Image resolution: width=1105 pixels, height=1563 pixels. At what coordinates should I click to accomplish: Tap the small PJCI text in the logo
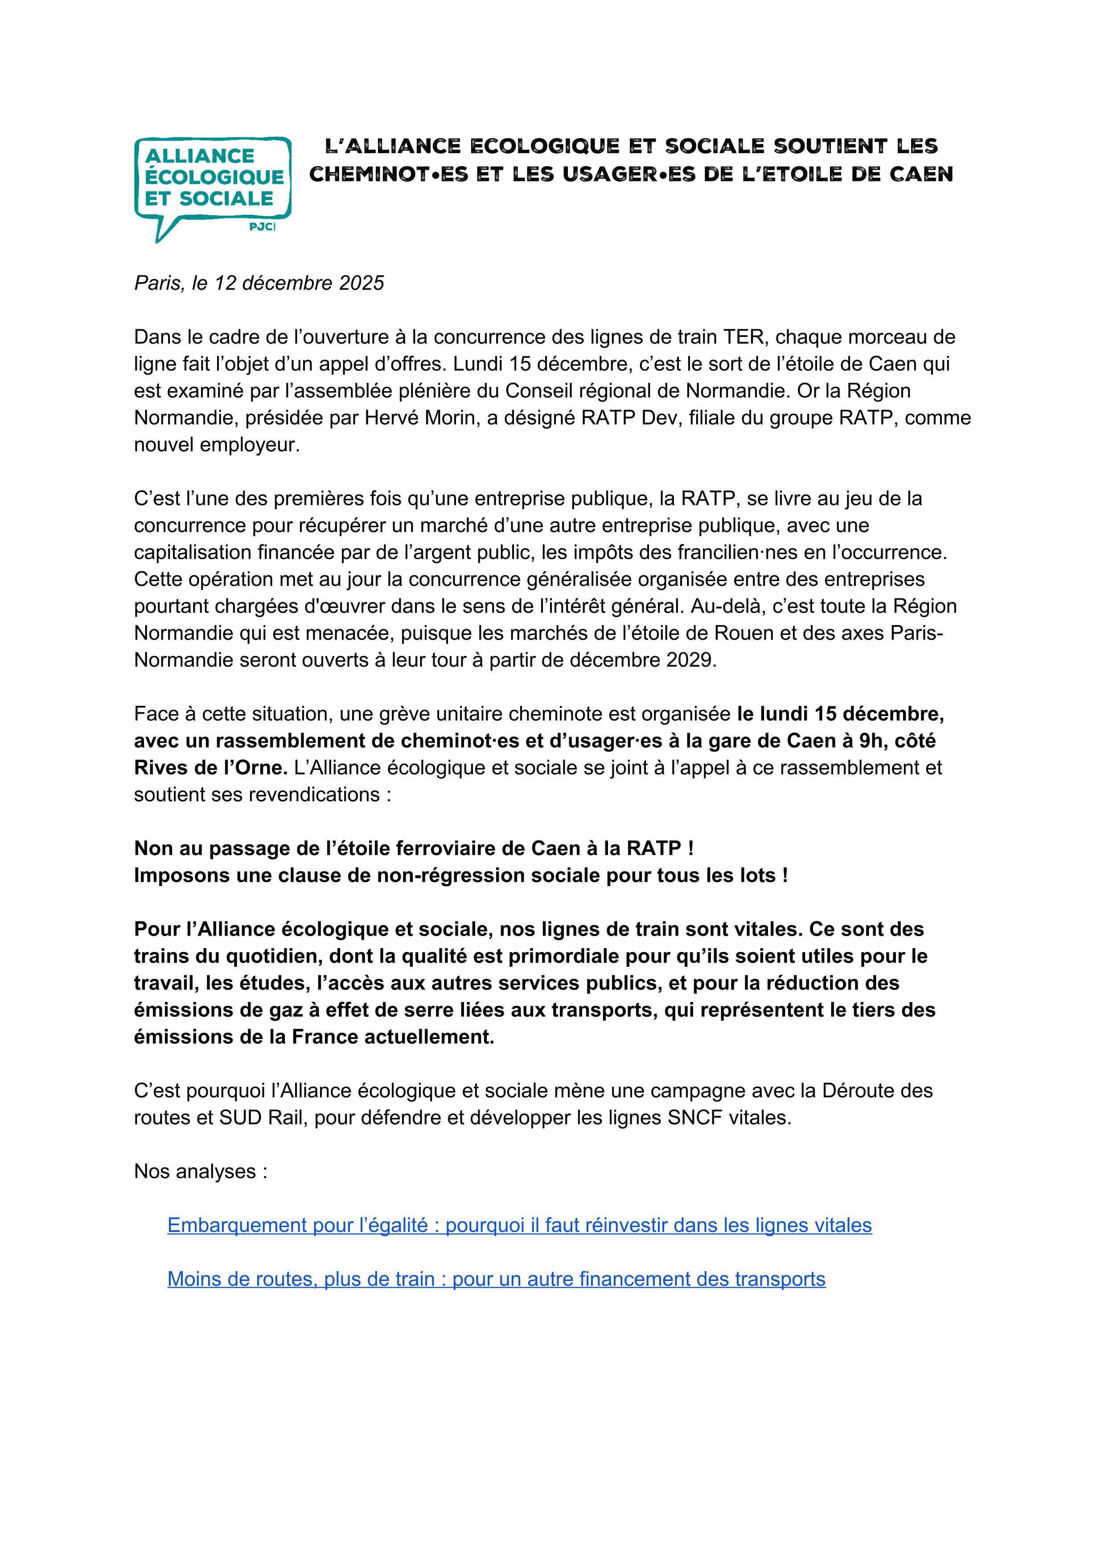click(262, 227)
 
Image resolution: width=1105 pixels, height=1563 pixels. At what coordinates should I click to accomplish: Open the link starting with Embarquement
click(519, 1225)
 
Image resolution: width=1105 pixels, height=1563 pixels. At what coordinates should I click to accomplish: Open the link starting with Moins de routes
click(496, 1279)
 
